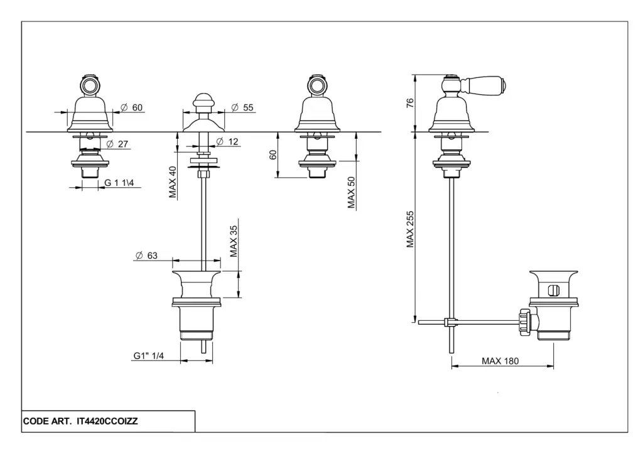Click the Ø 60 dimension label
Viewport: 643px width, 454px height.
point(132,107)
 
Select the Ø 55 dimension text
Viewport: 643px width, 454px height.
point(242,107)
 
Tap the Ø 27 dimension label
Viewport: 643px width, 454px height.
point(117,144)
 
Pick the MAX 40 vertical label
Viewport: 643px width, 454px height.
point(173,182)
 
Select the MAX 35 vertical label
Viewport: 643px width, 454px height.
point(234,242)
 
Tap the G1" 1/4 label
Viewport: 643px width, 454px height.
point(149,356)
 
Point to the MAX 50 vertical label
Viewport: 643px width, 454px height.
point(352,192)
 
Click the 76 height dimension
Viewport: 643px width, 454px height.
point(409,103)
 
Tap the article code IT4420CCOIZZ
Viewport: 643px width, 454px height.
point(107,421)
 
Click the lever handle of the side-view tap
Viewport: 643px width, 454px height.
point(487,83)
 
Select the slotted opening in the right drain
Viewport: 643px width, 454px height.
point(552,290)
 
